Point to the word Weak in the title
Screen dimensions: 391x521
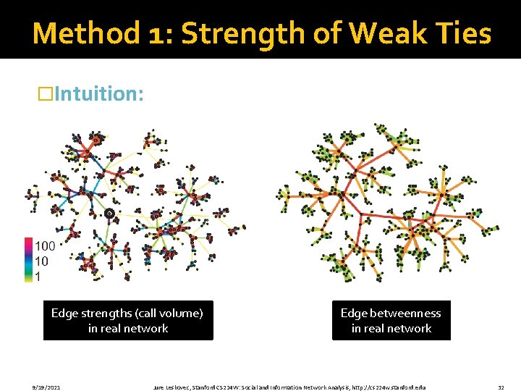tap(382, 33)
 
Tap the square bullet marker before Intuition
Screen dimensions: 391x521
tap(46, 94)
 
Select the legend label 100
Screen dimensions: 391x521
tap(45, 247)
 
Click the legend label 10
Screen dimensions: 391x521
tap(42, 261)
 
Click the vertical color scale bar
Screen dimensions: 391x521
tap(28, 260)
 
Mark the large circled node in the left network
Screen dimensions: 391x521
tap(109, 213)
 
